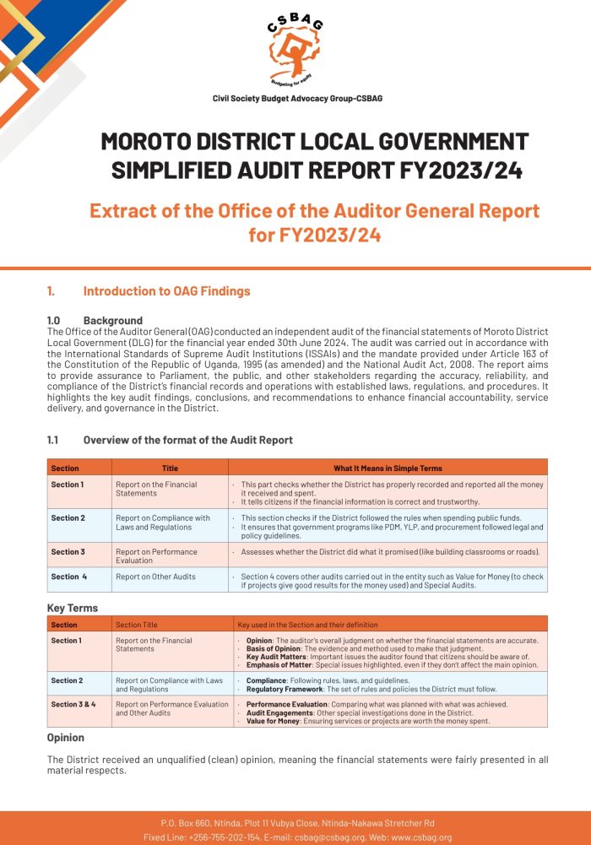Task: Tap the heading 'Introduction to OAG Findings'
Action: coord(166,291)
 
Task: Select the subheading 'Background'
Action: coord(112,321)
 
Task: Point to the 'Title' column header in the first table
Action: coord(170,468)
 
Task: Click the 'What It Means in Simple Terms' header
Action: coord(388,468)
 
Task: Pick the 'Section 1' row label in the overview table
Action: coord(68,485)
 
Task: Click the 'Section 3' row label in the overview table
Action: coord(68,552)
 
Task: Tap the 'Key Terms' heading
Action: coord(73,608)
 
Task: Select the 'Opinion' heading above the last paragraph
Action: coord(66,737)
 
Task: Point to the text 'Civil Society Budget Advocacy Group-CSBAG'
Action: coord(297,99)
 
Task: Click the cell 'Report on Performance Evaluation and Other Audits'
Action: coord(171,708)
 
